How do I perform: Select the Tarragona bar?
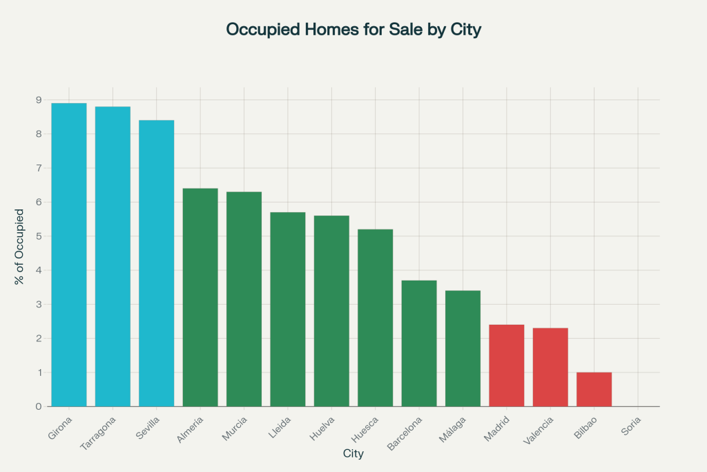tap(113, 256)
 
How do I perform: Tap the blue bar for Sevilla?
tap(156, 263)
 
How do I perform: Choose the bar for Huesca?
tap(375, 318)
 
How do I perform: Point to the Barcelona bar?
tap(419, 343)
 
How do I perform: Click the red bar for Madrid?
tap(506, 366)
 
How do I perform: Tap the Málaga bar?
tap(463, 348)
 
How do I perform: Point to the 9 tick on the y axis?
tap(37, 100)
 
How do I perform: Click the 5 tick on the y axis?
tap(37, 236)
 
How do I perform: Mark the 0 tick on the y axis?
tap(37, 406)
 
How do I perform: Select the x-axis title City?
tap(353, 454)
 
